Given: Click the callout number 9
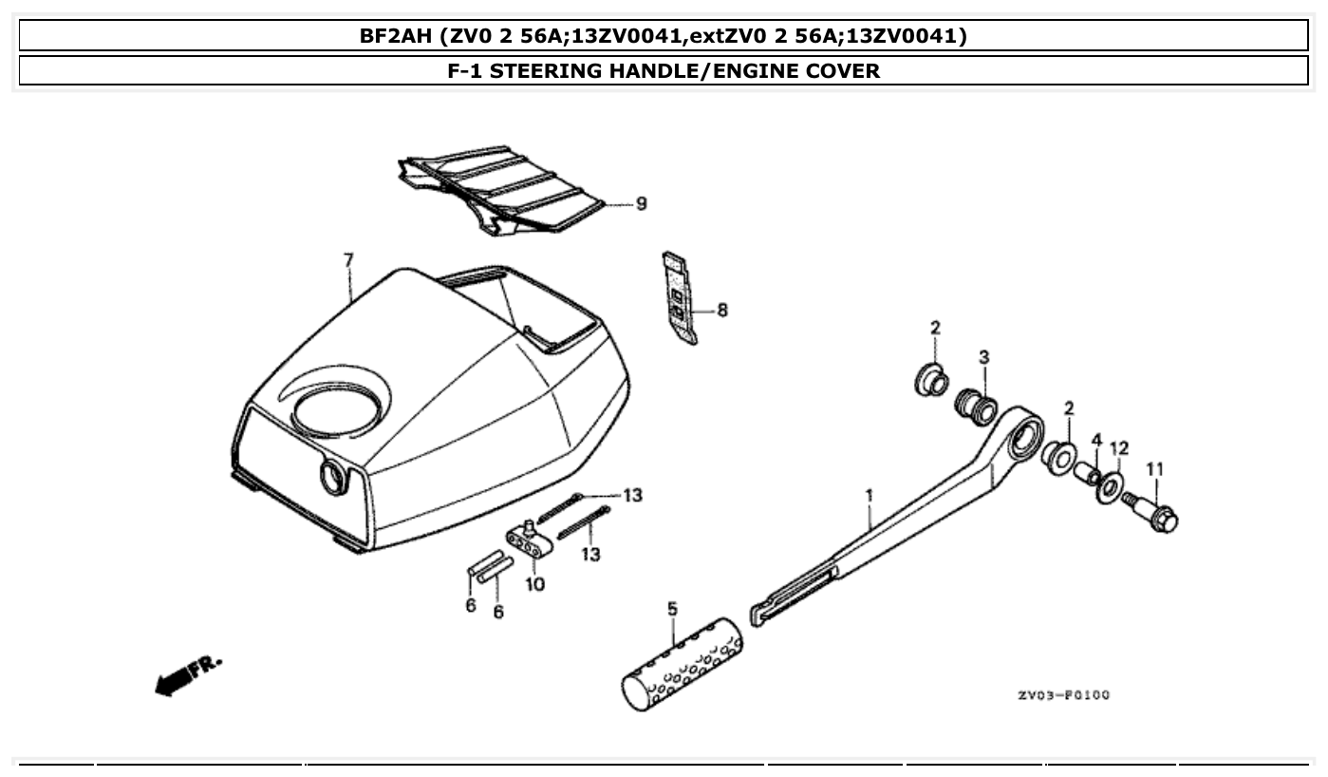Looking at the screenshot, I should [642, 203].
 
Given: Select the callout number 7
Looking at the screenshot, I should [348, 259].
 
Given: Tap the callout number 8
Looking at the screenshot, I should [722, 310].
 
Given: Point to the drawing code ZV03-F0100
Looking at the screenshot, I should [1063, 695].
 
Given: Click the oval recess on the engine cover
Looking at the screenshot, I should [340, 410].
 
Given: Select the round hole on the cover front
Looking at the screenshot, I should [335, 476].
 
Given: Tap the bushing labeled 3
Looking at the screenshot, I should [975, 406].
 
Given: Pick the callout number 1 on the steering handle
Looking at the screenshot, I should [868, 495].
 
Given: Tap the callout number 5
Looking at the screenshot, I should [672, 608].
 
